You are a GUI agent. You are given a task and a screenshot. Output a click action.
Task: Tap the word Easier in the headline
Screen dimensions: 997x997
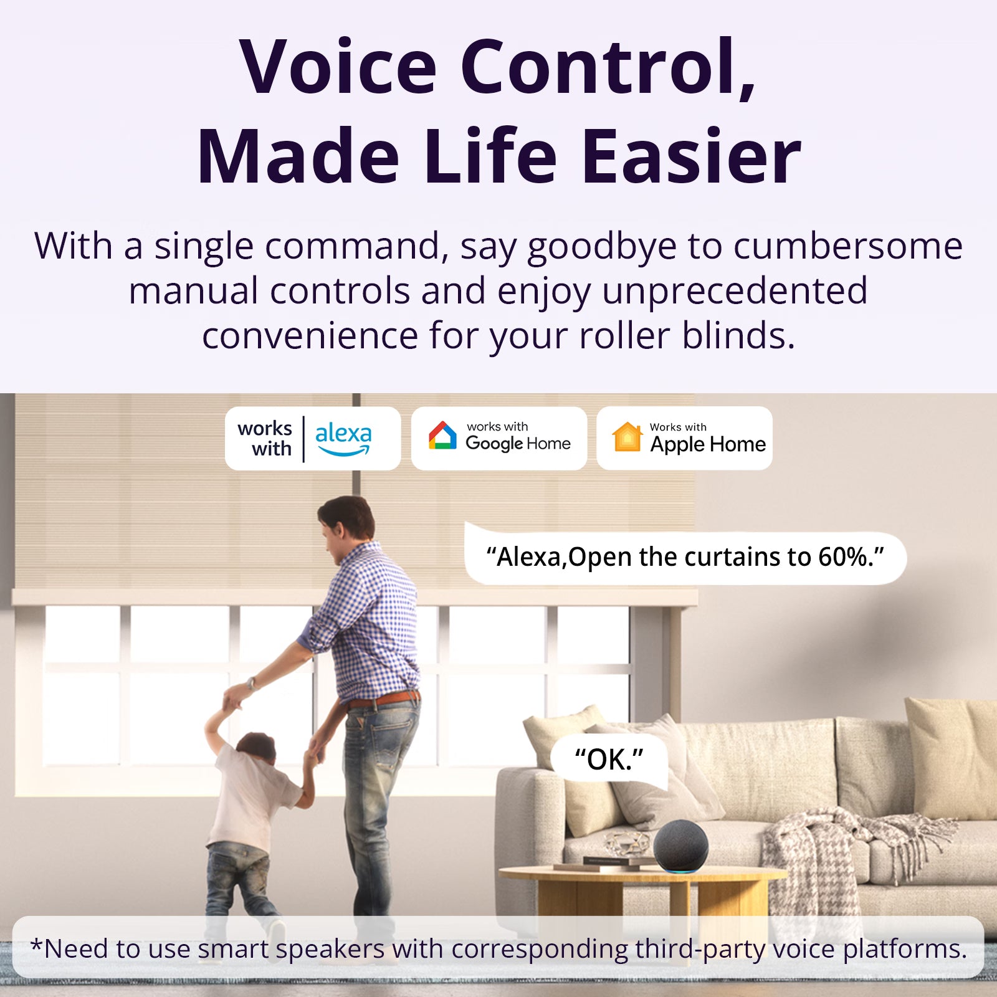pyautogui.click(x=691, y=157)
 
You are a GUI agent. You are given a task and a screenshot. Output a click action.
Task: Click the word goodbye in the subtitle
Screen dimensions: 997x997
pyautogui.click(x=601, y=247)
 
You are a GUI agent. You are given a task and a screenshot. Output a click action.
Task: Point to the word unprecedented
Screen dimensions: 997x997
pyautogui.click(x=735, y=291)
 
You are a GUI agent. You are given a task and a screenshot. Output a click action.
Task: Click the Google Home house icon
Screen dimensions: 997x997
pyautogui.click(x=442, y=436)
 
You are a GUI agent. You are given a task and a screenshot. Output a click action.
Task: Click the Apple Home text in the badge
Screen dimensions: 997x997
pyautogui.click(x=708, y=444)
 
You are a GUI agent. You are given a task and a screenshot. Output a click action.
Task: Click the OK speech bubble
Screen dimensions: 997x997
pyautogui.click(x=609, y=760)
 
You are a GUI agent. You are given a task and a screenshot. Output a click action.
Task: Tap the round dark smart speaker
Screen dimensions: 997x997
pyautogui.click(x=680, y=846)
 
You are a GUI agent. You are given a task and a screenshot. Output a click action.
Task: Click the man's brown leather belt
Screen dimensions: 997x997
pyautogui.click(x=383, y=699)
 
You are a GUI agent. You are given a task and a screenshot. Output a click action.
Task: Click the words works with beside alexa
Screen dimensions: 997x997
pyautogui.click(x=265, y=438)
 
